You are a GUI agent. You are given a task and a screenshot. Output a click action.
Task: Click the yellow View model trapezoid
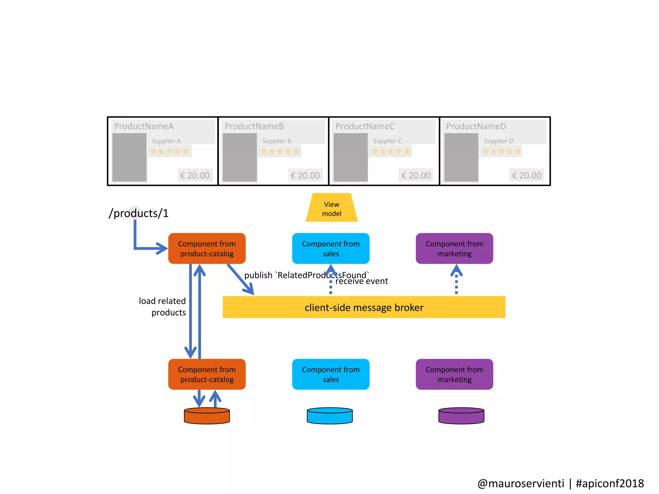[331, 208]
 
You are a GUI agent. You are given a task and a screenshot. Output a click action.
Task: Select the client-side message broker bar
[364, 307]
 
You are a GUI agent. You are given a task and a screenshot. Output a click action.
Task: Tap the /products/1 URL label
[139, 213]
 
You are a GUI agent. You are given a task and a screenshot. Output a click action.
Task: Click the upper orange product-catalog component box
[207, 248]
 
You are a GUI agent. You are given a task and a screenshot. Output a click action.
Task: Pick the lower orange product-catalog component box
[207, 374]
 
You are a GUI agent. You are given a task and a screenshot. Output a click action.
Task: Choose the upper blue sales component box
[330, 248]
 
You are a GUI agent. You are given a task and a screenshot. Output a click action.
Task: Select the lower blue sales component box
[330, 374]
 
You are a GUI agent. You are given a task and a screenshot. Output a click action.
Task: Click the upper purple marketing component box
[454, 248]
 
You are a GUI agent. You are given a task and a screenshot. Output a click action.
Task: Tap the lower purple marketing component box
[454, 374]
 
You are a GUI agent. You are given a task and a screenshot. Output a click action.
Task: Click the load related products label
[162, 306]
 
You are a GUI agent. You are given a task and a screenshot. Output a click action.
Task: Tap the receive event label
[362, 281]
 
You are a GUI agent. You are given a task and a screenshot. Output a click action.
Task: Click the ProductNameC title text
[365, 126]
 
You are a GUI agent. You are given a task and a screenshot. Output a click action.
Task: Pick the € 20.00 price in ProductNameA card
[195, 175]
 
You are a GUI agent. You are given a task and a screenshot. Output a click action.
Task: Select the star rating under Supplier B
[280, 151]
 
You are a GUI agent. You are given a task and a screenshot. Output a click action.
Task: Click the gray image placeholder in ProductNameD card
[461, 157]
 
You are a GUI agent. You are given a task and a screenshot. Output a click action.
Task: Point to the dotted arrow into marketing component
[456, 280]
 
